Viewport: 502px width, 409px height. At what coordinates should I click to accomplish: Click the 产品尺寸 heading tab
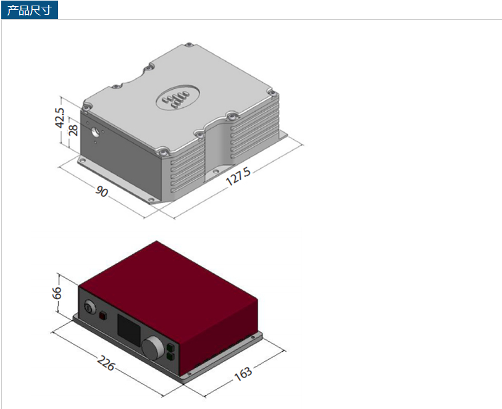[x=29, y=10]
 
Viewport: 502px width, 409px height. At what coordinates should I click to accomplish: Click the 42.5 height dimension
[x=60, y=118]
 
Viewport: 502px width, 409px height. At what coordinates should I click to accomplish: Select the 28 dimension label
[x=73, y=130]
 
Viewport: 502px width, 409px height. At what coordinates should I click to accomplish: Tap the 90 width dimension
[x=101, y=191]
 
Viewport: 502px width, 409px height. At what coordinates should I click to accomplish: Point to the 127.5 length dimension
[x=238, y=176]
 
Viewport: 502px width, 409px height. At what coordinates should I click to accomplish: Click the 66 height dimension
[x=57, y=292]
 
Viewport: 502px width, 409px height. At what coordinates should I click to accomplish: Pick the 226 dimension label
[x=106, y=363]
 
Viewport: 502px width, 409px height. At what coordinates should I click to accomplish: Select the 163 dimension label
[x=243, y=373]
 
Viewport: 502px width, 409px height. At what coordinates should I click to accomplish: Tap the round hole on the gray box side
[x=96, y=131]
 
